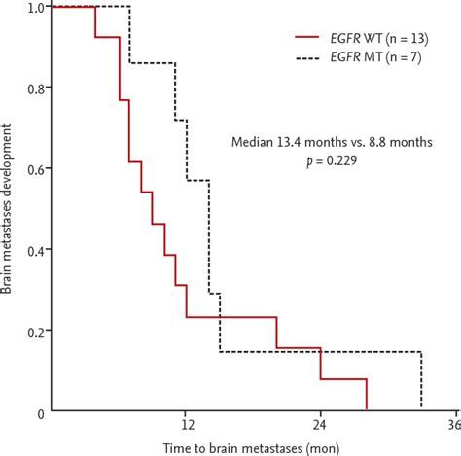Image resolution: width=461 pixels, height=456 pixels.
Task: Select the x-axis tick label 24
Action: click(x=320, y=426)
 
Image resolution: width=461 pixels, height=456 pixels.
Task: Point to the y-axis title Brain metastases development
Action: click(x=9, y=209)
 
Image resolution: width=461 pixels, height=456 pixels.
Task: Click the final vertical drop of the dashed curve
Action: click(x=421, y=380)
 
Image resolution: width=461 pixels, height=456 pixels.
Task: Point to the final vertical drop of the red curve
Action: click(x=367, y=395)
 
